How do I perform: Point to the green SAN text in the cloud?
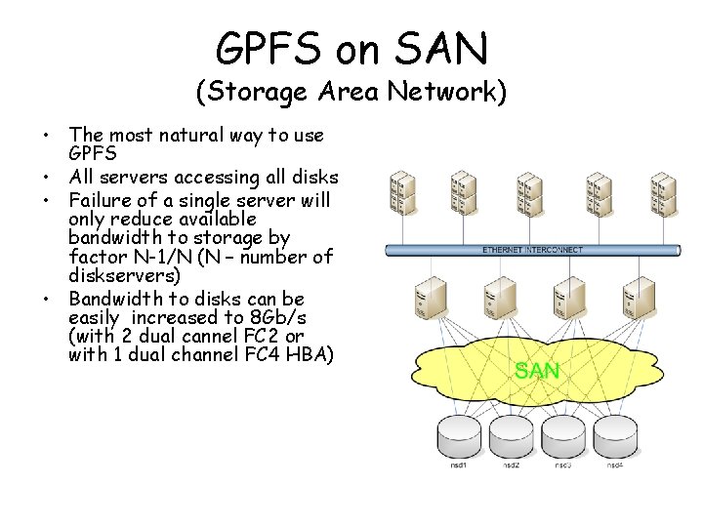coord(537,371)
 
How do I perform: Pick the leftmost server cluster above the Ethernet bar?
coord(399,192)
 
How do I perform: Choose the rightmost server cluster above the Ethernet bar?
coord(664,192)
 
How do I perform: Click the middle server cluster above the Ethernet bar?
coord(530,192)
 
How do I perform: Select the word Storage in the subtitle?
coord(252,93)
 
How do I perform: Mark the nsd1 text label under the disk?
coord(459,465)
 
